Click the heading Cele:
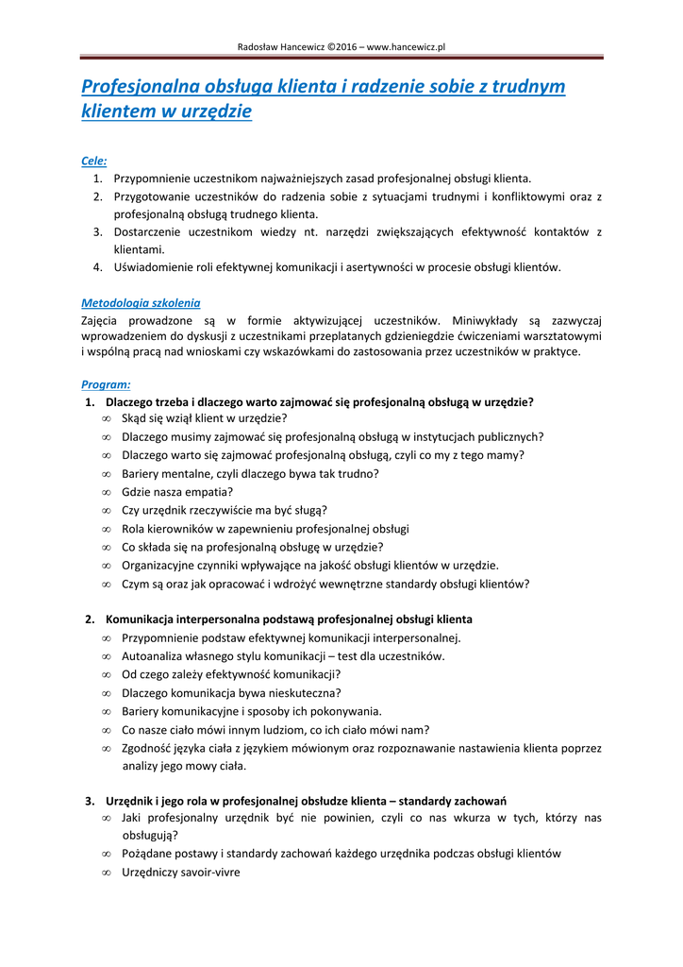point(93,161)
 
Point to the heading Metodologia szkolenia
point(141,303)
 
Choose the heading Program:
point(106,384)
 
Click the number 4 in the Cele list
point(97,267)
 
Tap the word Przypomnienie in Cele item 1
point(156,178)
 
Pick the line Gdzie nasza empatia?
point(177,492)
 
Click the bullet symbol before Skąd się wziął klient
point(107,418)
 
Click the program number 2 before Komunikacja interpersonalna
point(89,619)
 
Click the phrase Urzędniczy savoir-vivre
point(181,873)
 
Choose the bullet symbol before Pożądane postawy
point(107,855)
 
